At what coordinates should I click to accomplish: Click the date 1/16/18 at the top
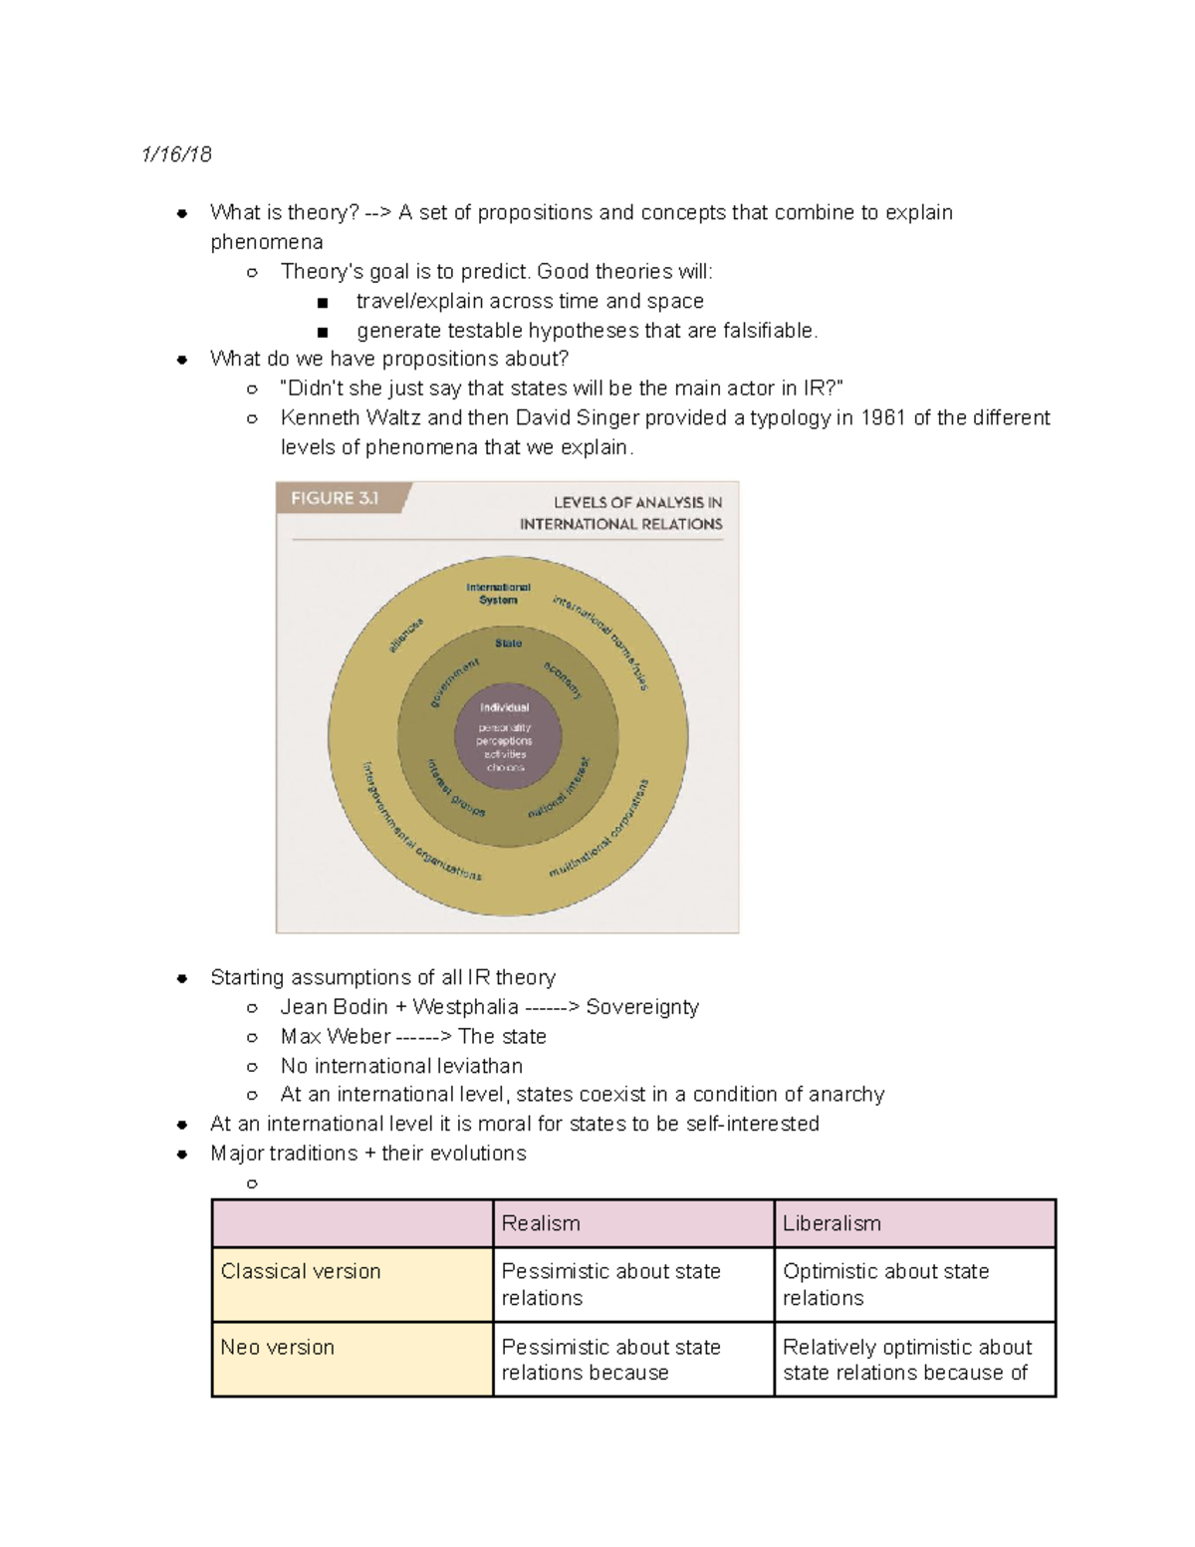pyautogui.click(x=176, y=154)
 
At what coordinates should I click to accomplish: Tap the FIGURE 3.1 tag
pyautogui.click(x=336, y=498)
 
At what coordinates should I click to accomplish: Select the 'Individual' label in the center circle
pyautogui.click(x=505, y=707)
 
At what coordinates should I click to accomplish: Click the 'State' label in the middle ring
pyautogui.click(x=508, y=644)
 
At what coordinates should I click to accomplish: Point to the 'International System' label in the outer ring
pyautogui.click(x=498, y=594)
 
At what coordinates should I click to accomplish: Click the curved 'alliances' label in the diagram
pyautogui.click(x=406, y=636)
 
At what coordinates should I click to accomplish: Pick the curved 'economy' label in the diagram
pyautogui.click(x=563, y=678)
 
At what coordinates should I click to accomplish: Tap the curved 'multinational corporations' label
pyautogui.click(x=600, y=829)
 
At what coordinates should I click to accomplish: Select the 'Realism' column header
pyautogui.click(x=541, y=1223)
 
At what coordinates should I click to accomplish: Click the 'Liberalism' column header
pyautogui.click(x=832, y=1223)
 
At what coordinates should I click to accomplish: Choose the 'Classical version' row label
pyautogui.click(x=301, y=1271)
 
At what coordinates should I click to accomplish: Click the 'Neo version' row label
pyautogui.click(x=277, y=1347)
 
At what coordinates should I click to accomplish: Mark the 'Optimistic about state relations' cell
pyautogui.click(x=885, y=1284)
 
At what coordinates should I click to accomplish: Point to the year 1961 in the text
pyautogui.click(x=883, y=418)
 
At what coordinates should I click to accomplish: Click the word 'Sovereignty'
pyautogui.click(x=642, y=1007)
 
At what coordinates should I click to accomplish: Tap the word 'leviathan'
pyautogui.click(x=475, y=1066)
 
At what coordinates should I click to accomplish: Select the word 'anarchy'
pyautogui.click(x=845, y=1095)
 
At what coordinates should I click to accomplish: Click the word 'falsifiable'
pyautogui.click(x=764, y=331)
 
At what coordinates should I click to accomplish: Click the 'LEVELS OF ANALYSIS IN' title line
pyautogui.click(x=638, y=503)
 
